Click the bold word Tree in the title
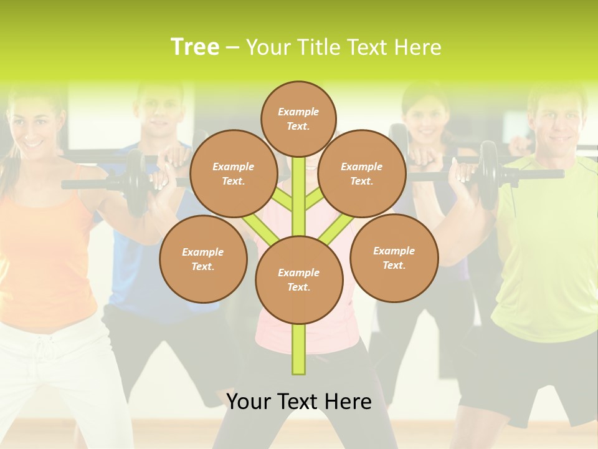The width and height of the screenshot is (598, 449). click(195, 47)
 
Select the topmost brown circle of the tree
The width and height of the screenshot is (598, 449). click(298, 118)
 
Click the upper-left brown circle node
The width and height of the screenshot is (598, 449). click(233, 173)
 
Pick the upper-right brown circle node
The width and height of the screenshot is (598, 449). click(361, 173)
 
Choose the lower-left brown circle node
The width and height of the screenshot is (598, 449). click(202, 259)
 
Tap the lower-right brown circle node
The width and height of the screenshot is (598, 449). click(394, 258)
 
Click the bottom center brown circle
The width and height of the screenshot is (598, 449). click(298, 279)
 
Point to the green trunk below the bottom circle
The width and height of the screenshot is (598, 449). click(298, 349)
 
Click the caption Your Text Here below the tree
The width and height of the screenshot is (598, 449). click(298, 402)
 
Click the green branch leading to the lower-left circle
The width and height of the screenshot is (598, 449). click(261, 229)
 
